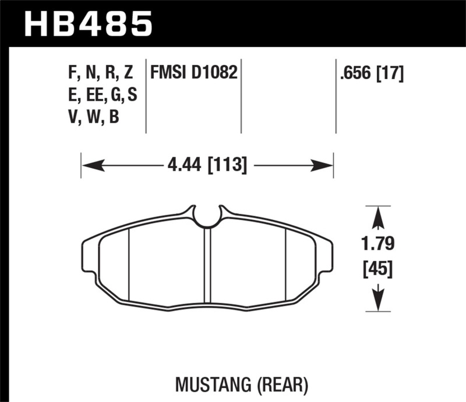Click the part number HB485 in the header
click(x=87, y=24)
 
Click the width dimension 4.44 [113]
click(x=207, y=166)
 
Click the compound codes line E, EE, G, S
click(x=103, y=95)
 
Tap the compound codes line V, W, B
click(x=94, y=118)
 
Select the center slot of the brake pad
click(x=207, y=268)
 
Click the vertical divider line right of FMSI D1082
click(x=241, y=96)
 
